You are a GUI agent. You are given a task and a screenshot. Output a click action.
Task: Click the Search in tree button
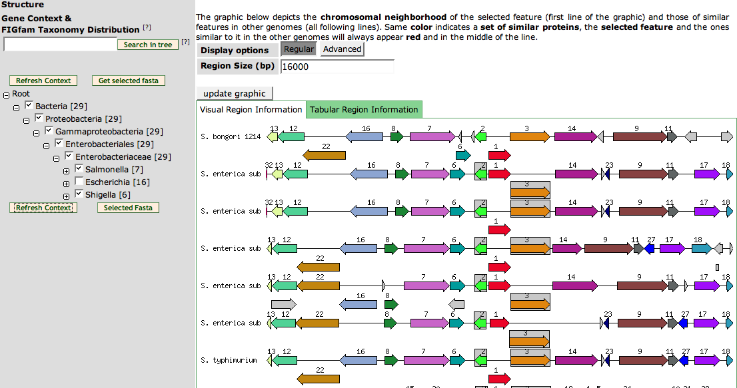tap(147, 45)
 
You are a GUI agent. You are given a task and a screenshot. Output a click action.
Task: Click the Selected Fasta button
tap(129, 208)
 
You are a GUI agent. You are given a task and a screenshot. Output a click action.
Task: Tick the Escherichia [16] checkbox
tap(79, 181)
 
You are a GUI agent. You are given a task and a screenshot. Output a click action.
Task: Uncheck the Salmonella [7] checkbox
tap(79, 168)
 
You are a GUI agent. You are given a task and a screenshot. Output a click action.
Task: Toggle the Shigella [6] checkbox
tap(79, 194)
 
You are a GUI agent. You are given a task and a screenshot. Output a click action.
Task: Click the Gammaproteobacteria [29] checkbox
tap(49, 130)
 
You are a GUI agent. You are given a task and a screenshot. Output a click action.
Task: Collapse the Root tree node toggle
tap(6, 95)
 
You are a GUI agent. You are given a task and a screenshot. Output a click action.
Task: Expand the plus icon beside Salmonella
tap(66, 171)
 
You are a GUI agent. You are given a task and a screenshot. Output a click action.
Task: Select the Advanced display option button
tap(343, 49)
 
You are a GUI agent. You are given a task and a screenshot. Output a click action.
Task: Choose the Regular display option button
tap(299, 49)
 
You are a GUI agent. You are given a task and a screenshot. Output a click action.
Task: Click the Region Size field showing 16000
tap(337, 67)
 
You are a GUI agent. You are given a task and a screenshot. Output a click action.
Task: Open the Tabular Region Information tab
tap(364, 110)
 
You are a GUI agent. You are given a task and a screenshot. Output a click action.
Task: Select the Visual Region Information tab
tap(251, 110)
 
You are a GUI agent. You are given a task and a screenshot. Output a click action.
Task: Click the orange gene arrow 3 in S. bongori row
tap(530, 137)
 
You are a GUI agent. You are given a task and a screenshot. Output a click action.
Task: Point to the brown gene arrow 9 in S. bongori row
tap(640, 137)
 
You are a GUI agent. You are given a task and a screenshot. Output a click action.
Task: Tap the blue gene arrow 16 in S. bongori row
tap(365, 137)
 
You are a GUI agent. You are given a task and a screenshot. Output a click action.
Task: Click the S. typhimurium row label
tap(229, 360)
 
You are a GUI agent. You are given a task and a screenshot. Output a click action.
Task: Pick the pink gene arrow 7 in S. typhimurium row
tap(426, 360)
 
